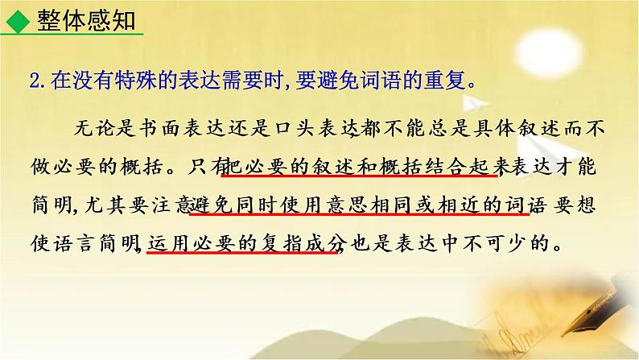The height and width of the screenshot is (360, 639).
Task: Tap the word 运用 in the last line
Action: click(x=167, y=242)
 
